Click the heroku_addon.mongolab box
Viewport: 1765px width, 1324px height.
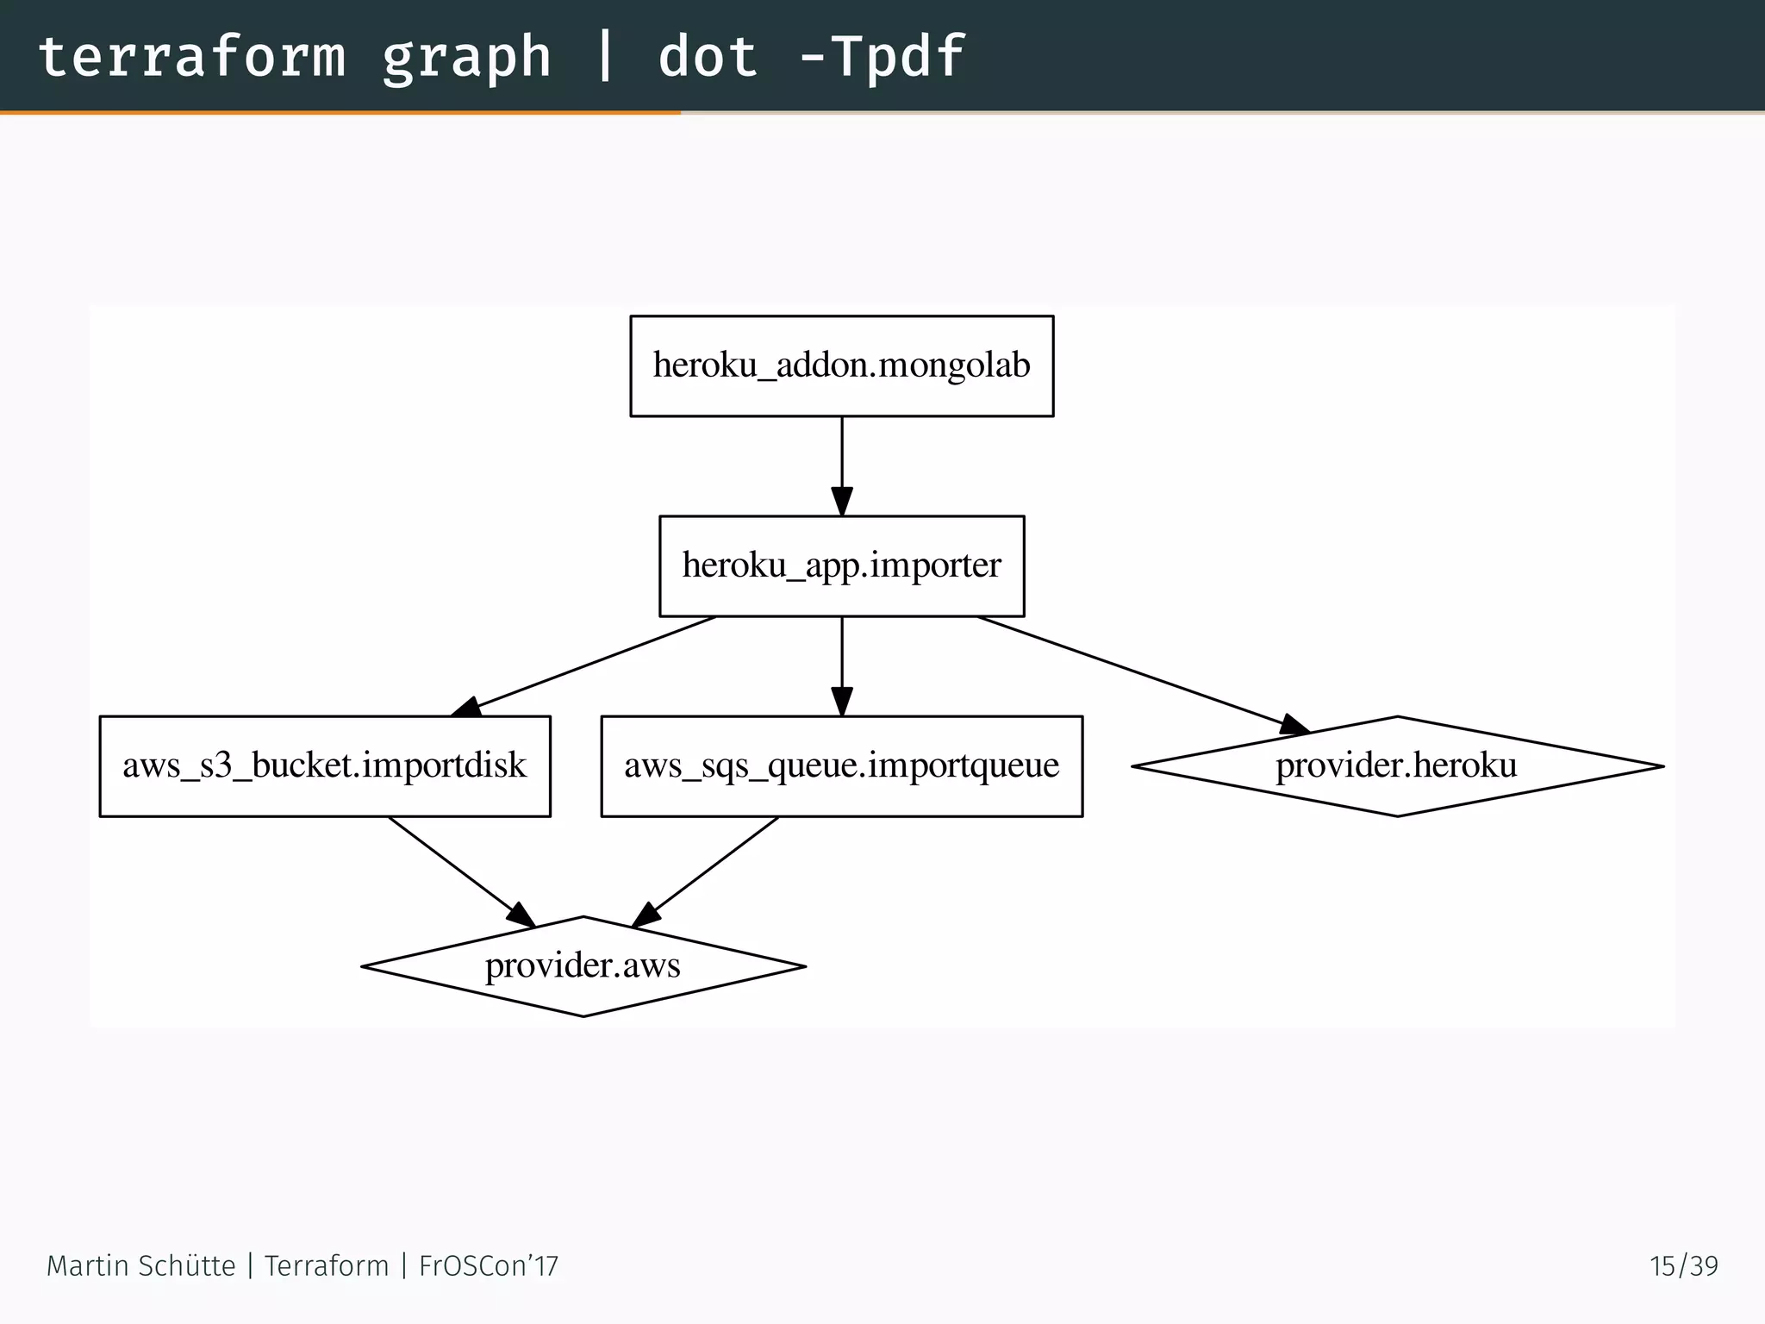point(841,366)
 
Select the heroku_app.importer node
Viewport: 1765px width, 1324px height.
point(841,566)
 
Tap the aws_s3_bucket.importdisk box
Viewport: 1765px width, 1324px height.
point(325,766)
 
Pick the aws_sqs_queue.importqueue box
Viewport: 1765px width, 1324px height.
point(841,766)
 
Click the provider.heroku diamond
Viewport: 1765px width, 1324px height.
point(1396,766)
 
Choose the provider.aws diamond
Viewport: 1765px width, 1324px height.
point(583,966)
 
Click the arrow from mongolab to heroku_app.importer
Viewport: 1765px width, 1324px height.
point(842,465)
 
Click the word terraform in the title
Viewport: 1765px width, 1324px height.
point(191,57)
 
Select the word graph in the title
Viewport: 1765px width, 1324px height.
point(466,57)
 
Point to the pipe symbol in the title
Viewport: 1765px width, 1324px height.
point(605,57)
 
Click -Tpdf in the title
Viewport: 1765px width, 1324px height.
point(881,57)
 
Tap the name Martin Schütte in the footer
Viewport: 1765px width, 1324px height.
point(140,1265)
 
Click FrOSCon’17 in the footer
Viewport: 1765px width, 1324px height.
point(489,1265)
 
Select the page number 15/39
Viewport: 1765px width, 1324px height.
point(1683,1265)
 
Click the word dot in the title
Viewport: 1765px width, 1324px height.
point(708,57)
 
